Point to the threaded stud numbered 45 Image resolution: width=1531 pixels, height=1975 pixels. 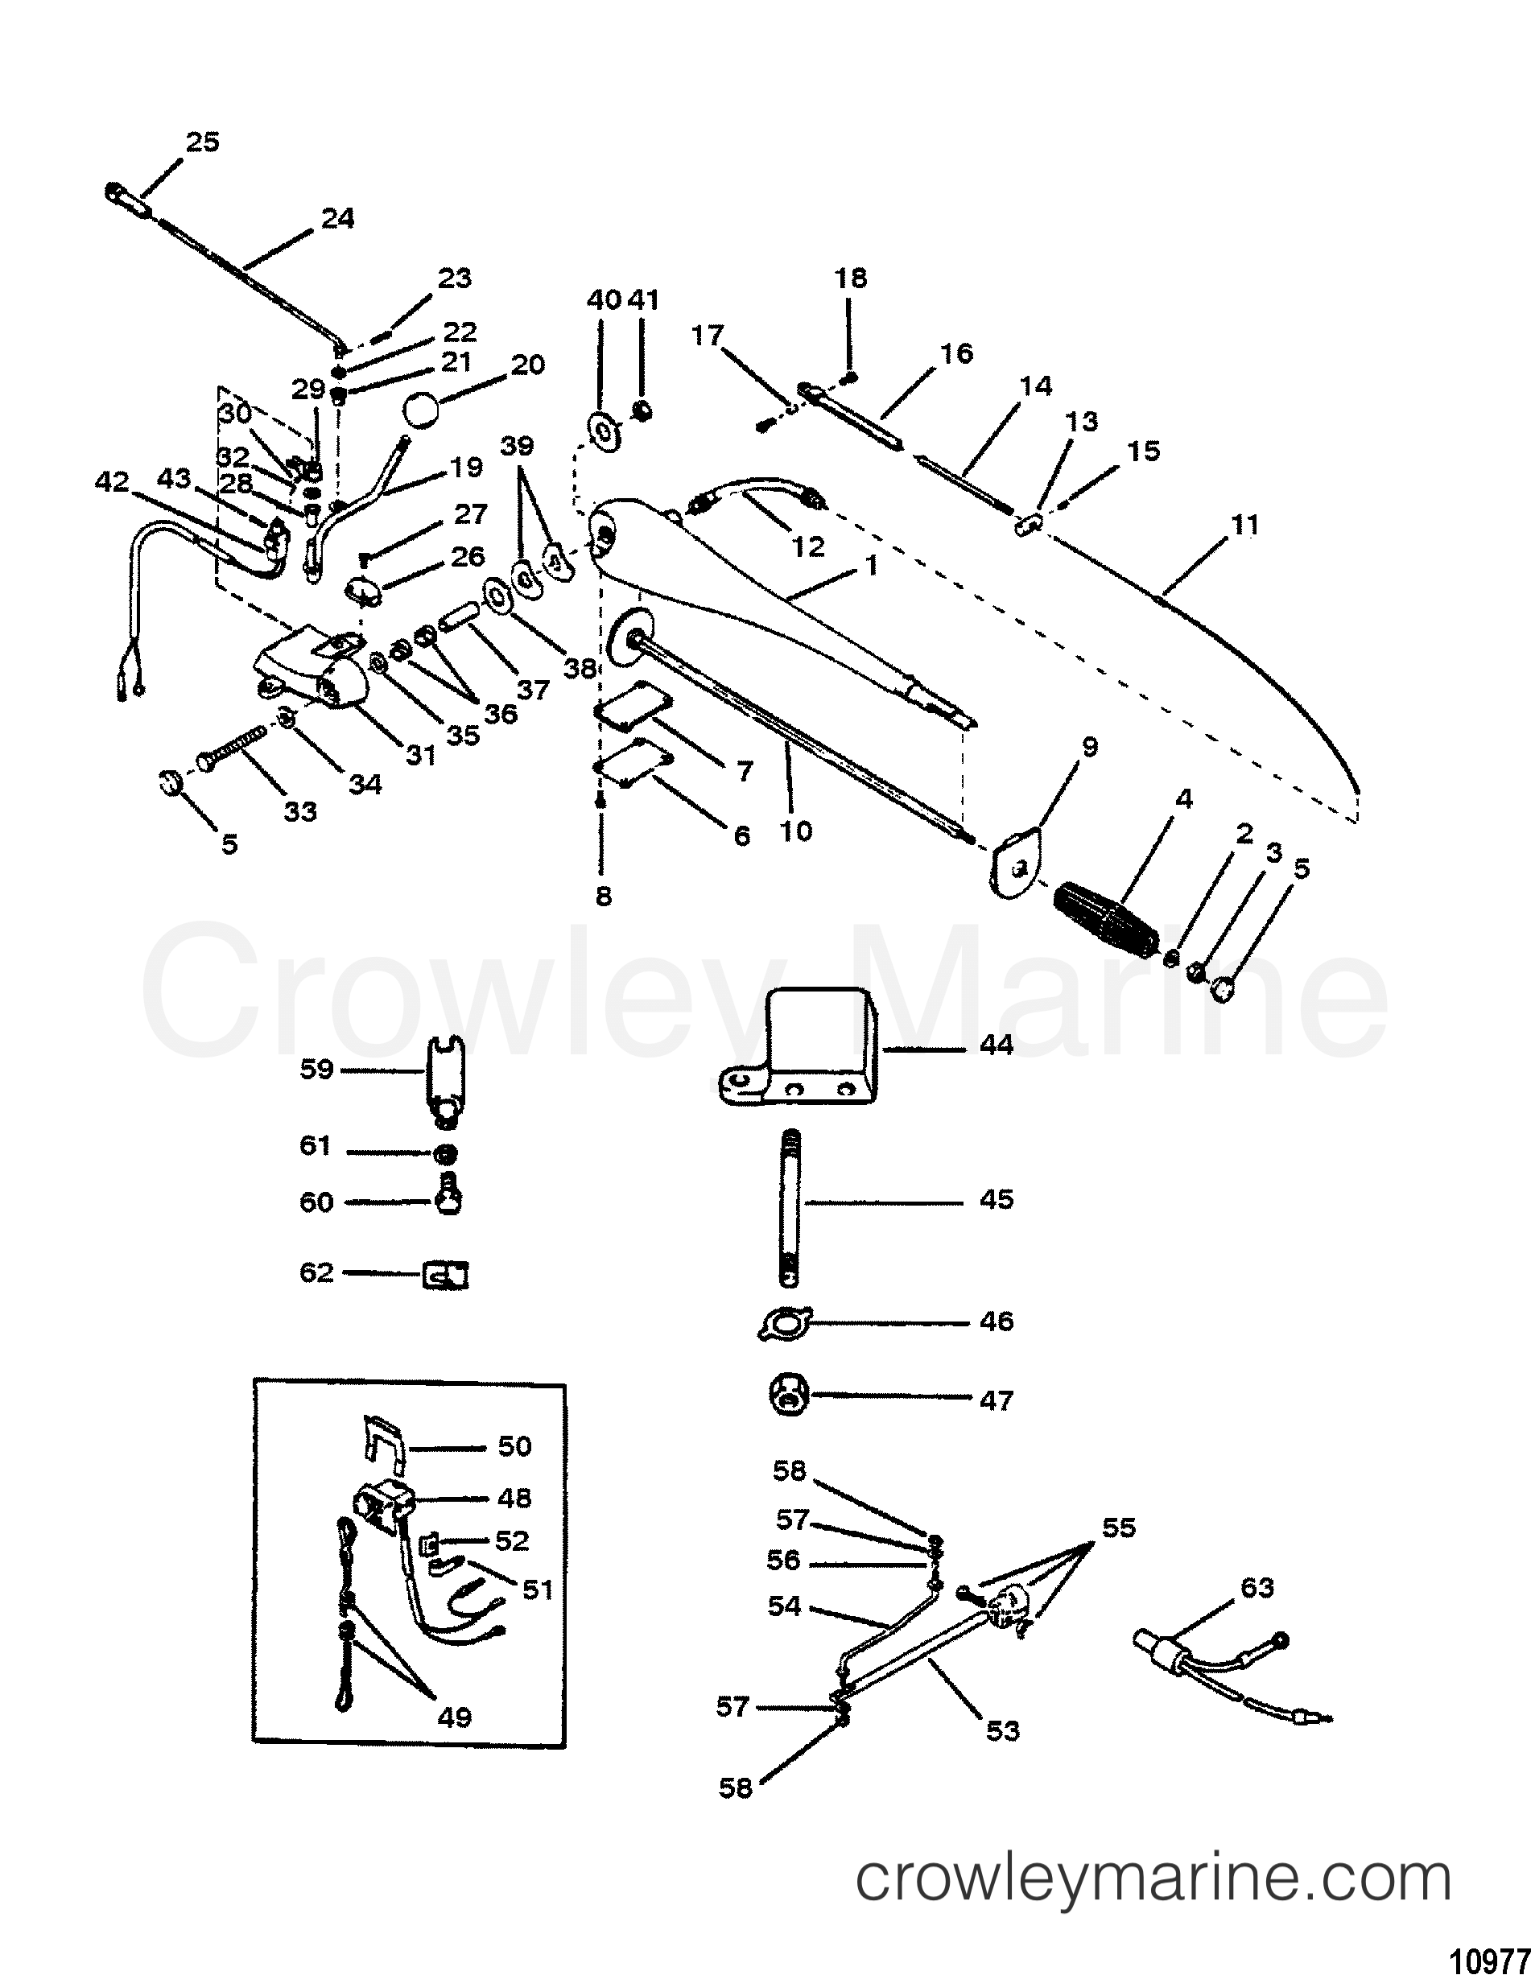click(x=789, y=1208)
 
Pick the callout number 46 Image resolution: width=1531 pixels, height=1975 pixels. click(x=997, y=1322)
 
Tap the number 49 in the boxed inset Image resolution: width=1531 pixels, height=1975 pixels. click(x=454, y=1717)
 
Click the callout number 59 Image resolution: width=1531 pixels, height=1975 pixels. click(x=316, y=1070)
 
